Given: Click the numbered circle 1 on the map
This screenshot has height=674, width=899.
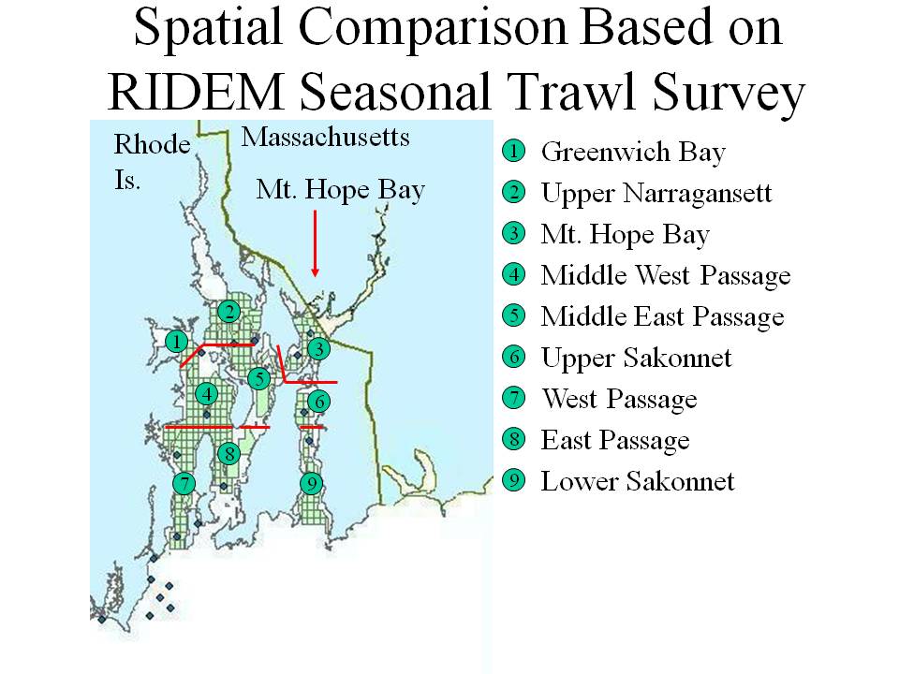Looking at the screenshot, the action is [x=177, y=342].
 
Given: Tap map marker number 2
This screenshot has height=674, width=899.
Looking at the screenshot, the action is [x=229, y=311].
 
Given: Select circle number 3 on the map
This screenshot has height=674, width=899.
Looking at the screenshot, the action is [x=318, y=348].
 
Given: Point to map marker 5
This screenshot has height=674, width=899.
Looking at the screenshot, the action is [x=259, y=378].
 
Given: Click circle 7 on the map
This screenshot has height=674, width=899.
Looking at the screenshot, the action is [x=184, y=483].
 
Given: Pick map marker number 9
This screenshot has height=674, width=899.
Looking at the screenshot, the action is [x=311, y=484].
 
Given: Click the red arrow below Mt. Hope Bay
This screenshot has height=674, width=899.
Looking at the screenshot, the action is [x=315, y=243].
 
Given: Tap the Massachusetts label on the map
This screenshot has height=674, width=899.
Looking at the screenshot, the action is [x=325, y=137].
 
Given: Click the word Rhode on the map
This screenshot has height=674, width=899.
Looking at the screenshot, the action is [x=152, y=144].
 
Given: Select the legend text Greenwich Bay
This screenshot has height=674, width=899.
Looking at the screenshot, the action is [x=634, y=153].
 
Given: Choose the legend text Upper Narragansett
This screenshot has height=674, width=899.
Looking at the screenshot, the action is [x=656, y=194].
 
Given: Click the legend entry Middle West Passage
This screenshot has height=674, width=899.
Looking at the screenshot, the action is [x=666, y=275].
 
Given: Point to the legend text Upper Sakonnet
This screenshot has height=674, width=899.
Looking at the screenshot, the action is [x=637, y=359].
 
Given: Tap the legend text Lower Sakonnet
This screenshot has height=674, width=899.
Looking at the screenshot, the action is [x=638, y=481].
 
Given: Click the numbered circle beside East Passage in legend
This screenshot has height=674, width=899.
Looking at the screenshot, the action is [x=514, y=439].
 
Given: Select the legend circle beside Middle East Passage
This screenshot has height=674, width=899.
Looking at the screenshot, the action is [x=514, y=315].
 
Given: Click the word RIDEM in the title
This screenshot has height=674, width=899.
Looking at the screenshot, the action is [x=196, y=91].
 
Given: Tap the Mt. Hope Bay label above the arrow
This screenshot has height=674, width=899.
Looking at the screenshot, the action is [x=341, y=190].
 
